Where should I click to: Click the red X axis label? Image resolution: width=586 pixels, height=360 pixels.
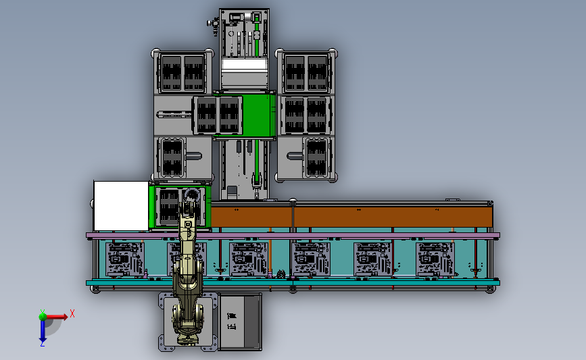(72, 313)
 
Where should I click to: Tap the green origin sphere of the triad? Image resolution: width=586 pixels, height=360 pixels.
(42, 315)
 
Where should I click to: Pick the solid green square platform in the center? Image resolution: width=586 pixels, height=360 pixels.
(256, 115)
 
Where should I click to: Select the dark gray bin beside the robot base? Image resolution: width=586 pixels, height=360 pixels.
(241, 322)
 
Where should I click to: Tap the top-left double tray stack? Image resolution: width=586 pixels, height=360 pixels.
(181, 73)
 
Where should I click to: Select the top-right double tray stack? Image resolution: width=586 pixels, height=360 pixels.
(306, 73)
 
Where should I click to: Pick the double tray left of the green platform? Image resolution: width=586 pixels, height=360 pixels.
(218, 115)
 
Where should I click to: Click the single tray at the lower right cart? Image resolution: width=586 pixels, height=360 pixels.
(316, 157)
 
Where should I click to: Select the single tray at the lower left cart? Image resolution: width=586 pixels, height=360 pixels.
(171, 157)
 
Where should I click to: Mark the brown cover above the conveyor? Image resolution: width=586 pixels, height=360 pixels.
(351, 217)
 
